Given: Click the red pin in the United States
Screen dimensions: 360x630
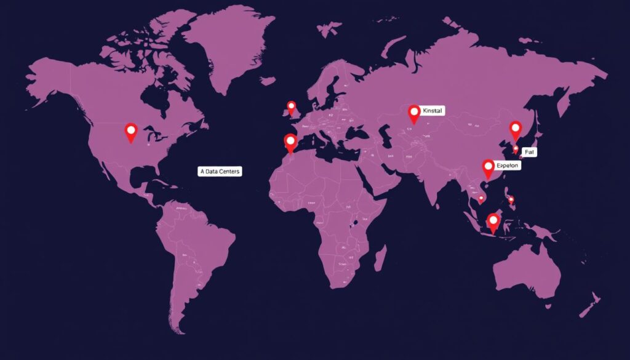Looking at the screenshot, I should click(130, 131).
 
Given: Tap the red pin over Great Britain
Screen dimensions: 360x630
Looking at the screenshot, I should click(292, 107).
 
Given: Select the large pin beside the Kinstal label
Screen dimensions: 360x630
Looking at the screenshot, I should click(414, 113).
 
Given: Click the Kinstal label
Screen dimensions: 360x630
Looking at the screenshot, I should click(433, 111).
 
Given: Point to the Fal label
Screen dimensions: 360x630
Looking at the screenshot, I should click(528, 151).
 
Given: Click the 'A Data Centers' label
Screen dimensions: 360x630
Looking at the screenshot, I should click(220, 172).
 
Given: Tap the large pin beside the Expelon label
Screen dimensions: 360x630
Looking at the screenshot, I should click(488, 167).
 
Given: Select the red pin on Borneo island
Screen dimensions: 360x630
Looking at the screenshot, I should click(493, 221).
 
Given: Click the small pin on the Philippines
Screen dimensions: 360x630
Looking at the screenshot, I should click(511, 199).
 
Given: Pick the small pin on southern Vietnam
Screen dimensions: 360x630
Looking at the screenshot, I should click(480, 199).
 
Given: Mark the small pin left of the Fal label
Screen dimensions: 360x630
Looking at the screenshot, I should click(516, 150).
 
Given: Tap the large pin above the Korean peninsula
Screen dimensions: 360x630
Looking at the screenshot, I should click(516, 130).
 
